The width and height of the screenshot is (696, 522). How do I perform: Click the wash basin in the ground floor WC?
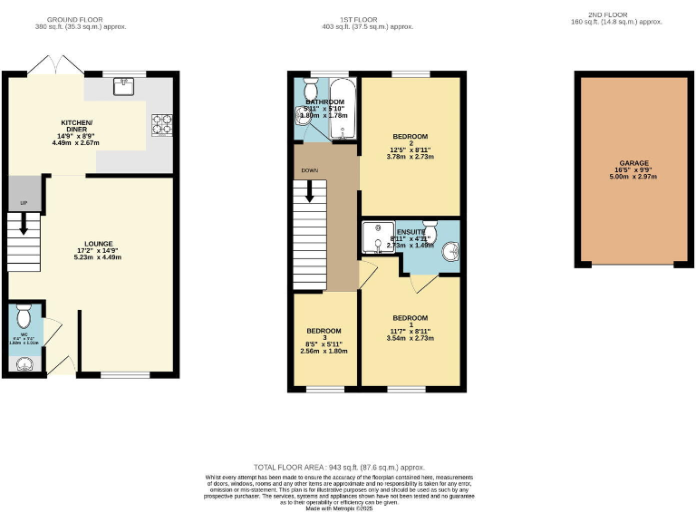click(24, 364)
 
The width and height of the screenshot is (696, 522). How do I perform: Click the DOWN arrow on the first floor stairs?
click(310, 192)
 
